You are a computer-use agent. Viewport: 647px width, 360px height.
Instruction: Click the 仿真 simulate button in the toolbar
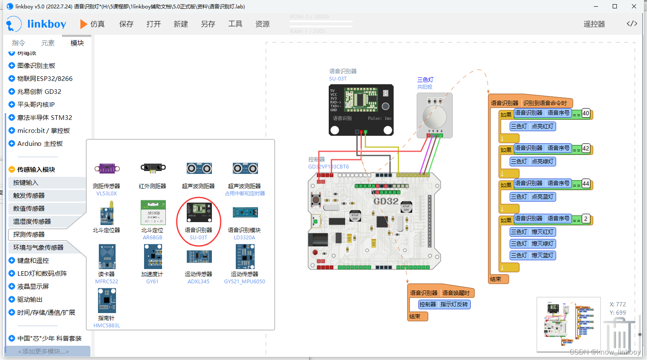(93, 24)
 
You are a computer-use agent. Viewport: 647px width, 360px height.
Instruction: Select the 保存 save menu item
(126, 24)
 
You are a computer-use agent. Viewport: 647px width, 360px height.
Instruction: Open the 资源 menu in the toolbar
(262, 24)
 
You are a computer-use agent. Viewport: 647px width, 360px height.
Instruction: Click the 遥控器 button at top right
(594, 24)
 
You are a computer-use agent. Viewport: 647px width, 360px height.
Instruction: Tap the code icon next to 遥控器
(632, 23)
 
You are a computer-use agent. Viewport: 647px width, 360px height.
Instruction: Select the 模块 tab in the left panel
(77, 43)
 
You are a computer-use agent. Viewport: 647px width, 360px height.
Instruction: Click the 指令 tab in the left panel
(18, 43)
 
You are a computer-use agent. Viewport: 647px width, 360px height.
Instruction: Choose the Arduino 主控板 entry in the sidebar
(40, 143)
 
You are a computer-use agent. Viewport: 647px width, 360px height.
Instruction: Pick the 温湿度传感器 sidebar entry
(32, 221)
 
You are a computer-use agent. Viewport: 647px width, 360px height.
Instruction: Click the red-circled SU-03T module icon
(199, 212)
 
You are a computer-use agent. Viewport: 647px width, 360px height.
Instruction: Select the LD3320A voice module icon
(245, 212)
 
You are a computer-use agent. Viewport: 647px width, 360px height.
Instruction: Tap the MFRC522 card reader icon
(107, 257)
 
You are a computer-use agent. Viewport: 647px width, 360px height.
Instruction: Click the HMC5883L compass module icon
(107, 300)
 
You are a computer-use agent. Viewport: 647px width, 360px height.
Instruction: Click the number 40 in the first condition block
(585, 113)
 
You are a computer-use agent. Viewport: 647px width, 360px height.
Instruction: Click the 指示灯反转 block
(454, 304)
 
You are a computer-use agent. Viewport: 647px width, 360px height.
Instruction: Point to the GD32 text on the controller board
(386, 201)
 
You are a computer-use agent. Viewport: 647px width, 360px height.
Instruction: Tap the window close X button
(634, 6)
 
